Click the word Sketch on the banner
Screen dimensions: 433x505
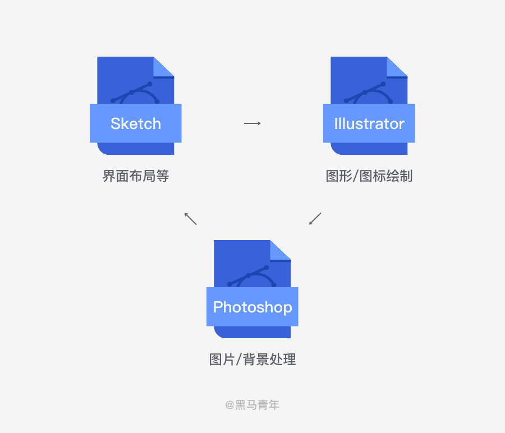136,123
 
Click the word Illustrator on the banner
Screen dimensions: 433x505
369,123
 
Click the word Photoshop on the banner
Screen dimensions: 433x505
252,307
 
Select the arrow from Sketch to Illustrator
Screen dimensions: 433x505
252,123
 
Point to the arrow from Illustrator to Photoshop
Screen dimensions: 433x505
315,218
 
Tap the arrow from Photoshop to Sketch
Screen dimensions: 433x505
191,218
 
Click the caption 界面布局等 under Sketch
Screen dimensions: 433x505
136,176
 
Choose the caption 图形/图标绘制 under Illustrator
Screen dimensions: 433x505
369,176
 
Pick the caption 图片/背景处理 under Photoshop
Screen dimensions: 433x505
252,360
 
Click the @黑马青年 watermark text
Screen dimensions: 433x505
252,404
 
